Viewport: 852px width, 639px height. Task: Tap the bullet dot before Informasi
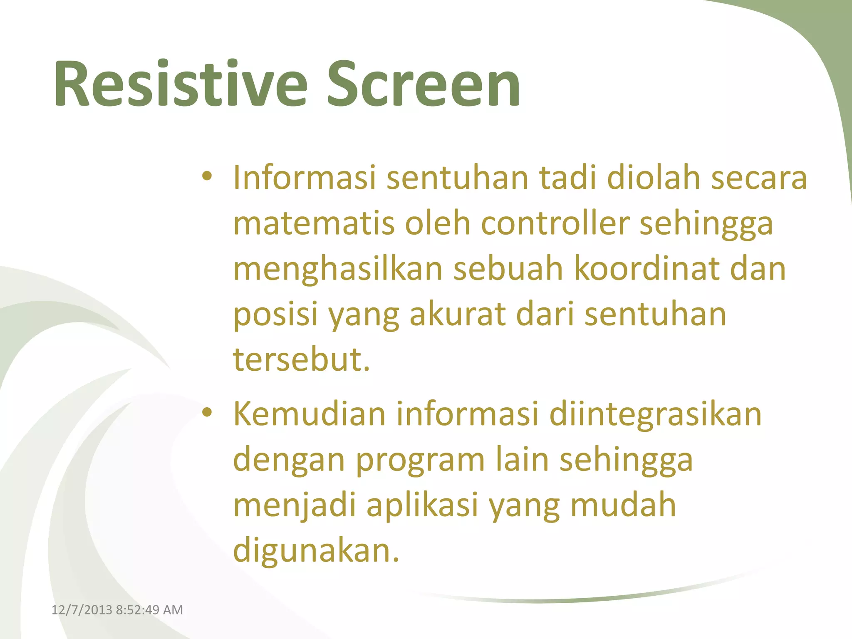click(x=207, y=176)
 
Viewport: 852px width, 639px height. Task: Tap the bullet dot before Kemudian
click(x=207, y=413)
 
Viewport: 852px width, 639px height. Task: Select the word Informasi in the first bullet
click(x=304, y=178)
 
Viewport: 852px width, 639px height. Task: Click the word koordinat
click(x=647, y=269)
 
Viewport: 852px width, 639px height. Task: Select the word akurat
click(x=458, y=315)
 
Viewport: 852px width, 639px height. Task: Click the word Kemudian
click(x=310, y=414)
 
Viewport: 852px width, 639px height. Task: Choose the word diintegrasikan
click(x=655, y=414)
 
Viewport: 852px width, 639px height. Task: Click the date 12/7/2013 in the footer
click(x=82, y=610)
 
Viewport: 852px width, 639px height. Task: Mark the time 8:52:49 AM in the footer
click(x=149, y=610)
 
